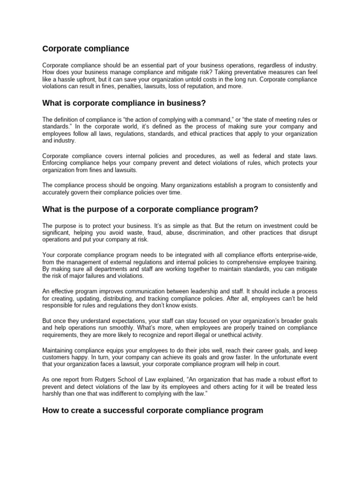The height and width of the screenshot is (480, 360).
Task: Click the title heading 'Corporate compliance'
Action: (86, 49)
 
